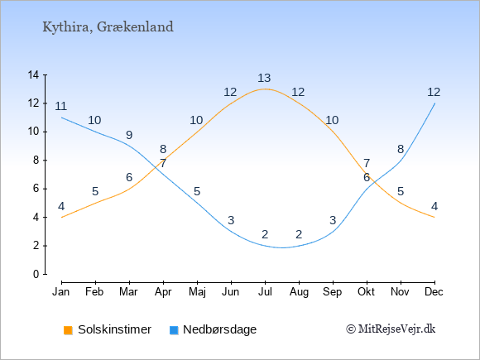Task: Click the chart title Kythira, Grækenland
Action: (108, 27)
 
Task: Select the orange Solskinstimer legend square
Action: (68, 330)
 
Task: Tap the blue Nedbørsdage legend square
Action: (174, 330)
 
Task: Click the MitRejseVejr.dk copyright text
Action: (391, 329)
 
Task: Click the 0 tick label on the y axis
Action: (36, 274)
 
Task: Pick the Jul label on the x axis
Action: (265, 292)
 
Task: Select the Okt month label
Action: (366, 292)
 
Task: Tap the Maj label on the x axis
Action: (197, 292)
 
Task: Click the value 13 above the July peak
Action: (264, 78)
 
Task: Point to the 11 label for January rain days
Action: (61, 106)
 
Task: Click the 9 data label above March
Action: (129, 135)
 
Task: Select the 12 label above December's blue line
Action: (434, 92)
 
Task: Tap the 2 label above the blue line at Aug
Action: (299, 234)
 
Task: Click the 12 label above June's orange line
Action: (230, 92)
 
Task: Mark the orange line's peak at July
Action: (265, 89)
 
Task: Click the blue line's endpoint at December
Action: (434, 103)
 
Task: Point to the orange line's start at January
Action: (62, 218)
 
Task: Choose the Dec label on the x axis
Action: (434, 292)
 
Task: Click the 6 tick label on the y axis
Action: (36, 189)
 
